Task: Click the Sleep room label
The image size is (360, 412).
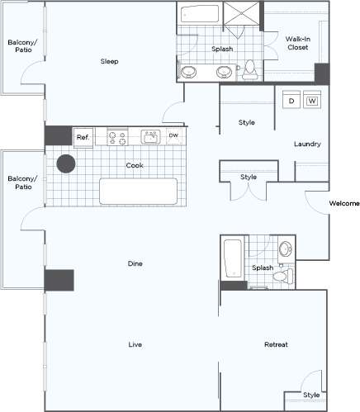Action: click(x=110, y=61)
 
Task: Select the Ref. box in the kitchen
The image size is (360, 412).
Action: click(x=83, y=137)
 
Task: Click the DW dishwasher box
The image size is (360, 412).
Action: click(x=173, y=135)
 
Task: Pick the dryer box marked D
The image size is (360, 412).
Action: click(x=291, y=101)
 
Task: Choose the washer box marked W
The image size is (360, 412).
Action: click(x=312, y=101)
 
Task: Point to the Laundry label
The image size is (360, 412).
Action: click(x=307, y=144)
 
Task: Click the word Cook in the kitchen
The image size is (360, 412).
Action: click(x=135, y=165)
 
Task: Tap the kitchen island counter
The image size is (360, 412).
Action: click(x=139, y=192)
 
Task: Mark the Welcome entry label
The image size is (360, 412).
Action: click(x=343, y=203)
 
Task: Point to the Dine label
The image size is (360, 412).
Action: click(x=136, y=264)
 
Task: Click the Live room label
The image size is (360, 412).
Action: click(x=135, y=343)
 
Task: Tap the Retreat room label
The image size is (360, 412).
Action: click(x=276, y=344)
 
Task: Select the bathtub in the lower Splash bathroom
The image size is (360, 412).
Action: click(x=232, y=259)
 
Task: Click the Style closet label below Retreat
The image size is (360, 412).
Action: click(x=310, y=395)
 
